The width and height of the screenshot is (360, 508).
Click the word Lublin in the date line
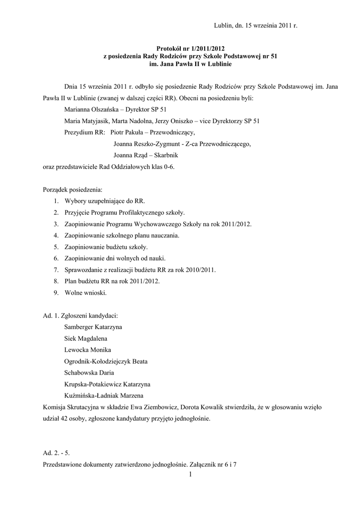pyautogui.click(x=222, y=24)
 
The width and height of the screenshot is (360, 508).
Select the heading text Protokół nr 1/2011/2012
pyautogui.click(x=190, y=49)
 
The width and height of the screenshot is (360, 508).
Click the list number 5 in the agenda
pyautogui.click(x=57, y=247)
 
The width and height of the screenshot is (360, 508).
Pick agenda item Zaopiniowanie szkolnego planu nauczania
pyautogui.click(x=122, y=235)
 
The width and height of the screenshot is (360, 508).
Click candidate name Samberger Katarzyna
pyautogui.click(x=93, y=327)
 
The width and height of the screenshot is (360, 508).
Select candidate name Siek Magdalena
pyautogui.click(x=86, y=338)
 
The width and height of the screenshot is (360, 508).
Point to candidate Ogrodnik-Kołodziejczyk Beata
pyautogui.click(x=106, y=361)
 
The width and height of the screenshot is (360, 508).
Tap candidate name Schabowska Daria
pyautogui.click(x=89, y=373)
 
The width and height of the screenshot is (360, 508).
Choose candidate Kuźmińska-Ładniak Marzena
pyautogui.click(x=104, y=395)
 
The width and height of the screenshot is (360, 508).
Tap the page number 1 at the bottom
pyautogui.click(x=190, y=475)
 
